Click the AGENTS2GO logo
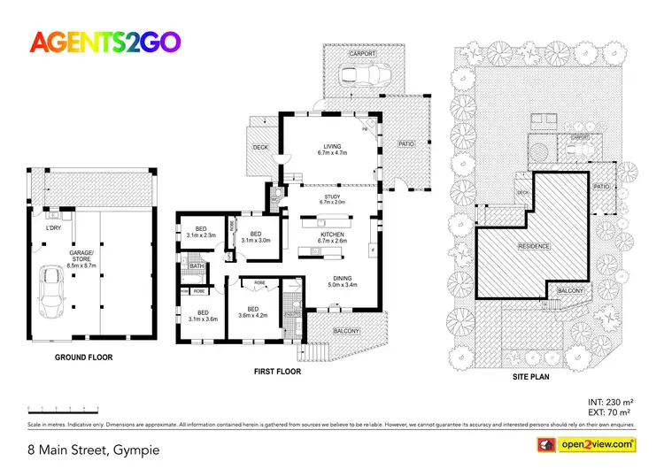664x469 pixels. (104, 41)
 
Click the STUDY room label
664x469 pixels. (332, 197)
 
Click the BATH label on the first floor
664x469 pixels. (196, 265)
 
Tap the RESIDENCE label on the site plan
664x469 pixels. (534, 247)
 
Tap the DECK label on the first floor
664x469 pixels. (260, 147)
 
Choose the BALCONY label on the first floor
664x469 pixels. (346, 331)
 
